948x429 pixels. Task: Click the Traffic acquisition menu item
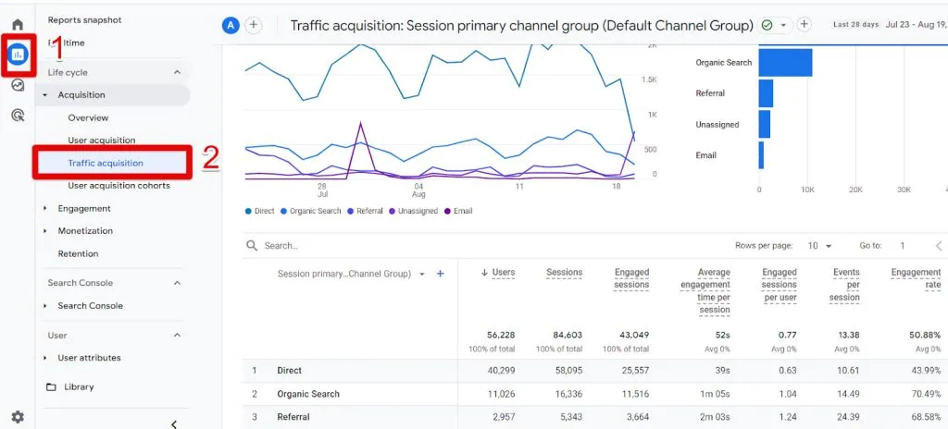(106, 163)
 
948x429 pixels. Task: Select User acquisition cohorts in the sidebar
(118, 186)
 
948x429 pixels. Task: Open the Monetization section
(85, 231)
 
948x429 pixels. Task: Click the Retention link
(78, 253)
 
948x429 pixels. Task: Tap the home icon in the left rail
(18, 24)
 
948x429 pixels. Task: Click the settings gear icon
(18, 417)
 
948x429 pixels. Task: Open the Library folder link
(79, 386)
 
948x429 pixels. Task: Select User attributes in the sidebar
(89, 358)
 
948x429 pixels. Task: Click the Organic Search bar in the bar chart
(785, 63)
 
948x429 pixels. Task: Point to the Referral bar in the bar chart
(766, 93)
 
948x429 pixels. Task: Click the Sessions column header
(564, 273)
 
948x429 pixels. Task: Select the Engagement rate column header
(916, 278)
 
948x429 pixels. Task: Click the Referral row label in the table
(293, 417)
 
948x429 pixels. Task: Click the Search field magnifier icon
(252, 246)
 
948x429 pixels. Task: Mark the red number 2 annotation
(211, 158)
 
